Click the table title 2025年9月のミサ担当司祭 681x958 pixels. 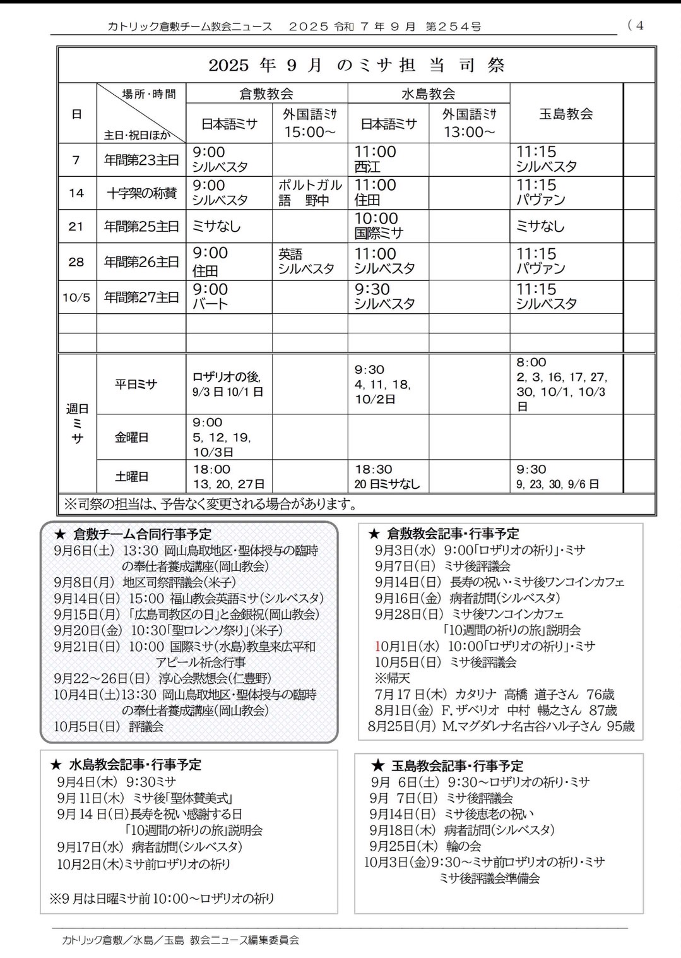tap(356, 66)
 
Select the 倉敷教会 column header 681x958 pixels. tap(266, 94)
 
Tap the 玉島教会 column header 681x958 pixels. tap(566, 114)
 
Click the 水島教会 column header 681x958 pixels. tap(428, 94)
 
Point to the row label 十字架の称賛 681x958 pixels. tap(141, 193)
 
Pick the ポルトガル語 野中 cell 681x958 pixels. tap(310, 193)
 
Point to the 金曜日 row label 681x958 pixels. tap(131, 437)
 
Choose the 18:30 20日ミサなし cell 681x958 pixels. tap(388, 477)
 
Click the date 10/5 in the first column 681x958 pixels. tap(76, 297)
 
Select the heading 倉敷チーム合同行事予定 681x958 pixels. tap(142, 534)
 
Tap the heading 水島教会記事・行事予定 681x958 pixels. tap(133, 765)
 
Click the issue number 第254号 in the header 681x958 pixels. tap(453, 27)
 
